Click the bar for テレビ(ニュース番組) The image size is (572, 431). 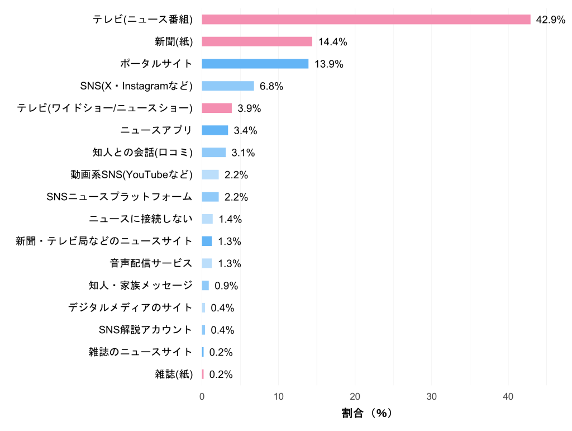[366, 20]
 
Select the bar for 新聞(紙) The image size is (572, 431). [257, 41]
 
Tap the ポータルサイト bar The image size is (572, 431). [255, 64]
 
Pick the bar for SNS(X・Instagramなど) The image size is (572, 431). [228, 86]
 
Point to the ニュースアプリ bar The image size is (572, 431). [215, 130]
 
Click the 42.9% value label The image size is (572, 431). [550, 20]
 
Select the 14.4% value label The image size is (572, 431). [333, 41]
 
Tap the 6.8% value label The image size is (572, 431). [271, 86]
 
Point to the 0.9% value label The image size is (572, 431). [226, 286]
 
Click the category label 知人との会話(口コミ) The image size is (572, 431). [142, 153]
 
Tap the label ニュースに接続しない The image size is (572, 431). [140, 219]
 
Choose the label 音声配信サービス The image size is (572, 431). [151, 263]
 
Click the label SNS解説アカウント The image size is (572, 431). [145, 330]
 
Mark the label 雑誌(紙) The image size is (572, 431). [174, 375]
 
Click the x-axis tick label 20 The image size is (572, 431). [355, 396]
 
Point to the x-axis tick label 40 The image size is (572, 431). [508, 396]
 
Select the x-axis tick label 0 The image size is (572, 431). [202, 396]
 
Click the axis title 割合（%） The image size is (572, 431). [367, 414]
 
